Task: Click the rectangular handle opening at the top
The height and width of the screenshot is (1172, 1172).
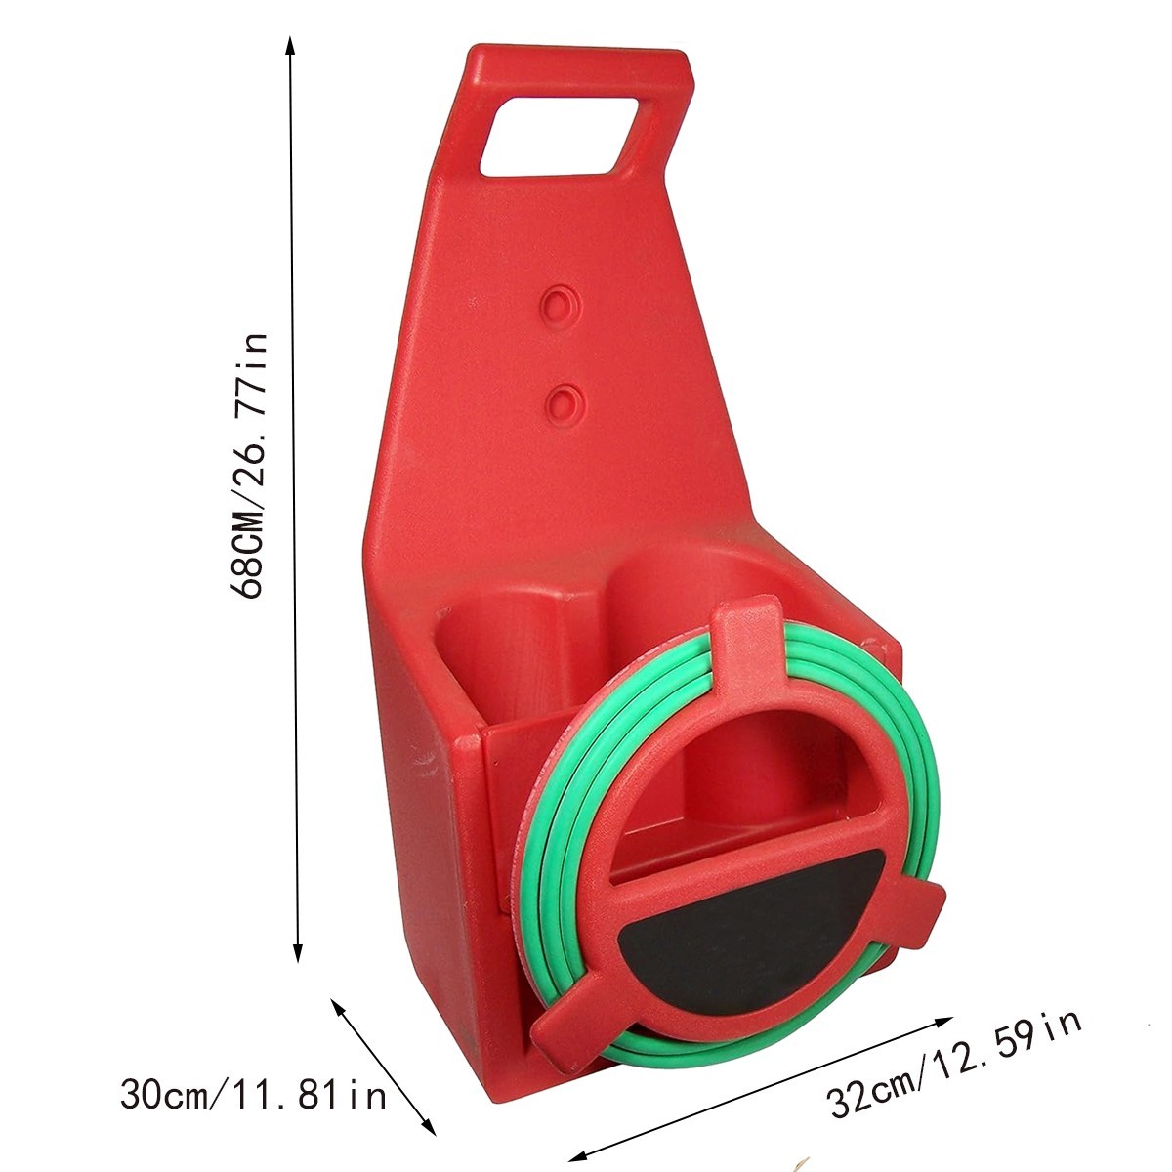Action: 560,136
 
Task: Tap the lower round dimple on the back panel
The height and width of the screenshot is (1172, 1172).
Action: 565,403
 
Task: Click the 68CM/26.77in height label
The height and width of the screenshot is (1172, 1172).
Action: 247,466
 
